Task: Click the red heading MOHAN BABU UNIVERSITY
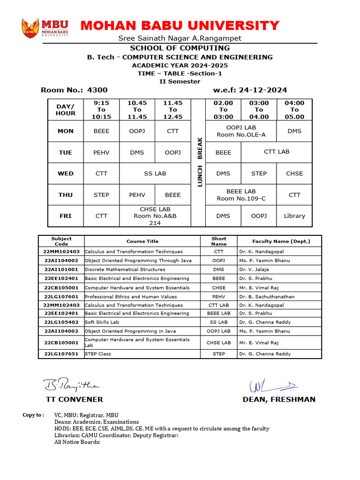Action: pos(180,25)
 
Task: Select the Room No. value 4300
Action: pos(97,90)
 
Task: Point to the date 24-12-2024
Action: pos(263,90)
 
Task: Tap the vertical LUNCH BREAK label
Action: pos(199,162)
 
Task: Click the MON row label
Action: pos(66,131)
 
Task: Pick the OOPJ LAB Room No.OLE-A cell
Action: pos(241,131)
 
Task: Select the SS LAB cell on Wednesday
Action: pos(155,173)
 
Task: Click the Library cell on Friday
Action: pos(294,216)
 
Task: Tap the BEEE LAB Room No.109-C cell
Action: pos(241,195)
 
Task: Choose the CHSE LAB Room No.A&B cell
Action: pos(155,216)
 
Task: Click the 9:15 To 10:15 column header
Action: pos(101,110)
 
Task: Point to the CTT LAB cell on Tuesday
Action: pos(277,152)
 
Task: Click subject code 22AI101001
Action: pos(61,270)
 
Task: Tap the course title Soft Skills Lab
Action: pos(102,322)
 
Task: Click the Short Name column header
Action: pos(219,241)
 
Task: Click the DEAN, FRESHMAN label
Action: pos(279,400)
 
